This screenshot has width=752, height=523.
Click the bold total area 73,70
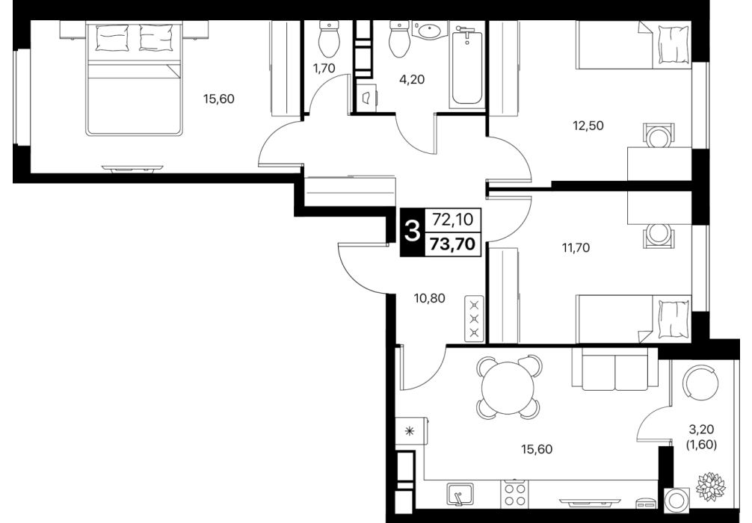click(x=453, y=244)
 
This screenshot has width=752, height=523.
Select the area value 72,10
click(x=453, y=220)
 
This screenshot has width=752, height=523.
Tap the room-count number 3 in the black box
click(x=412, y=232)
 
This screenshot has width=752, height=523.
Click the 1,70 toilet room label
click(x=324, y=69)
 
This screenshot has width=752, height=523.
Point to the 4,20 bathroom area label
click(x=412, y=80)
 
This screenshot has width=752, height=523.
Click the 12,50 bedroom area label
click(x=588, y=126)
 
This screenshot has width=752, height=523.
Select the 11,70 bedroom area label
click(x=576, y=248)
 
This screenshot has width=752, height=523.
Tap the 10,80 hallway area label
click(x=430, y=299)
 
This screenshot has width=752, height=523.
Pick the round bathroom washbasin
click(x=430, y=31)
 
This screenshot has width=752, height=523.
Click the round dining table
click(x=508, y=388)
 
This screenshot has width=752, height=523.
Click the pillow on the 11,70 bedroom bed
click(x=674, y=319)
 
